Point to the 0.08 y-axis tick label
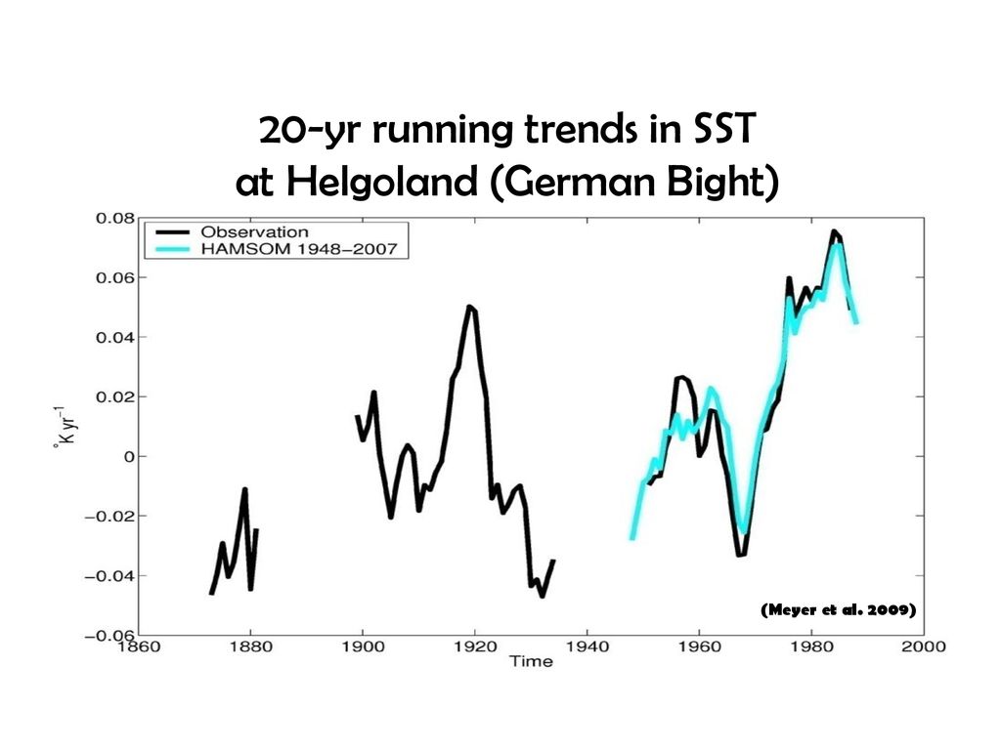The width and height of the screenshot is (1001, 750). pyautogui.click(x=115, y=218)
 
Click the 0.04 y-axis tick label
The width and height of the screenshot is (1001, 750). pyautogui.click(x=115, y=337)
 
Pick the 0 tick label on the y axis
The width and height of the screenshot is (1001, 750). pyautogui.click(x=130, y=457)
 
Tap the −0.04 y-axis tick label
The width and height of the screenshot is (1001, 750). pyautogui.click(x=109, y=576)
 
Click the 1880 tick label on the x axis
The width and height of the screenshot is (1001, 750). pyautogui.click(x=251, y=646)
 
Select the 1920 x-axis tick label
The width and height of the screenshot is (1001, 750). pyautogui.click(x=475, y=646)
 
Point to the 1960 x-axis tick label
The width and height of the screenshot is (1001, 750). pyautogui.click(x=700, y=646)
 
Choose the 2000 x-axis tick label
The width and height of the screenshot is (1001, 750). pyautogui.click(x=924, y=646)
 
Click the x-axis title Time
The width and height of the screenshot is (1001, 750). pyautogui.click(x=531, y=661)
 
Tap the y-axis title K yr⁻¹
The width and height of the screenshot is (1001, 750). pyautogui.click(x=65, y=426)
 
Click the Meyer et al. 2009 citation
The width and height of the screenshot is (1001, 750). pyautogui.click(x=838, y=609)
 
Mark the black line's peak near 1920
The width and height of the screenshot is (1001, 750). pyautogui.click(x=470, y=307)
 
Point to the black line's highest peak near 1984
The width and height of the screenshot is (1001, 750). pyautogui.click(x=834, y=230)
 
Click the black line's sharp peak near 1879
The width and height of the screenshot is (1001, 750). pyautogui.click(x=244, y=490)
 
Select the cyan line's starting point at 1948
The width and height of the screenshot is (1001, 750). pyautogui.click(x=632, y=539)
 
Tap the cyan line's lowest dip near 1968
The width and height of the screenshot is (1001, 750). pyautogui.click(x=744, y=532)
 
